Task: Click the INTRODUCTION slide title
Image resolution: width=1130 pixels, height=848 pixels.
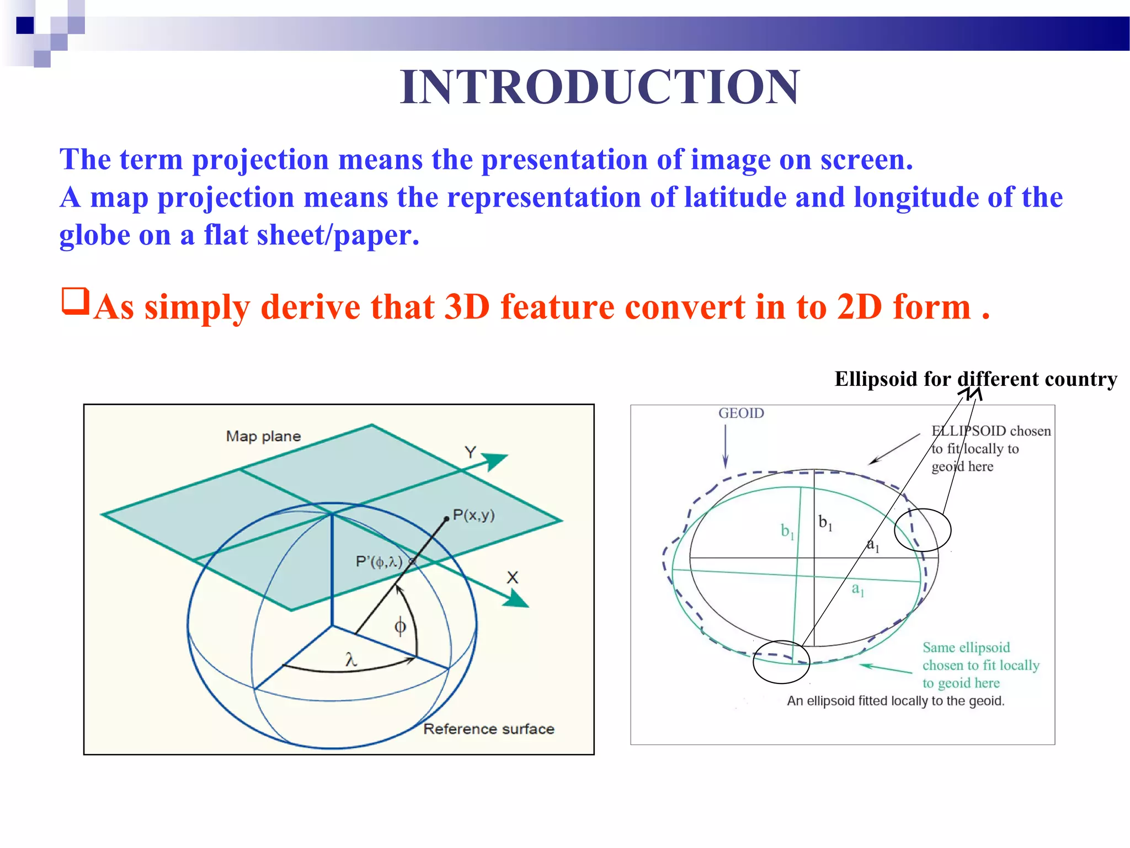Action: click(x=599, y=87)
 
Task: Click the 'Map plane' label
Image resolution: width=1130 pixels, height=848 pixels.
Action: click(x=263, y=436)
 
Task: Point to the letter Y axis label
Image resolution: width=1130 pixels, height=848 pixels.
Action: click(x=470, y=453)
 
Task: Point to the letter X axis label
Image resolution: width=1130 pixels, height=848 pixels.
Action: click(x=513, y=577)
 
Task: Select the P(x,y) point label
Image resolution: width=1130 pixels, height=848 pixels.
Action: click(x=473, y=515)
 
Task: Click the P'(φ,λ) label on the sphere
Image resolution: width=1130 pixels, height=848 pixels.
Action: click(x=379, y=562)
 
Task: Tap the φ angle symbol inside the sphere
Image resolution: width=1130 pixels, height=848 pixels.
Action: click(x=400, y=627)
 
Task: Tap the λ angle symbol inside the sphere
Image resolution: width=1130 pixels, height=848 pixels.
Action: click(x=351, y=659)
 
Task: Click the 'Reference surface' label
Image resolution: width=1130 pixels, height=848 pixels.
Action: click(x=488, y=729)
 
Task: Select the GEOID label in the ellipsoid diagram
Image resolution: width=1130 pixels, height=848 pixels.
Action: click(x=741, y=413)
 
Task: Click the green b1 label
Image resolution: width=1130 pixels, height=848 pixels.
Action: click(x=787, y=531)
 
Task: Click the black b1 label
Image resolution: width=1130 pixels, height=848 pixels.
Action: click(x=825, y=522)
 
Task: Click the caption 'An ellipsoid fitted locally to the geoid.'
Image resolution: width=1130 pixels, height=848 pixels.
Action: click(x=896, y=701)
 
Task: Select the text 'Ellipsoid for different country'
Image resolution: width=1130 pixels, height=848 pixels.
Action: click(x=976, y=379)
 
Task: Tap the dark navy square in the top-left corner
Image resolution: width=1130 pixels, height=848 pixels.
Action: click(x=25, y=25)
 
